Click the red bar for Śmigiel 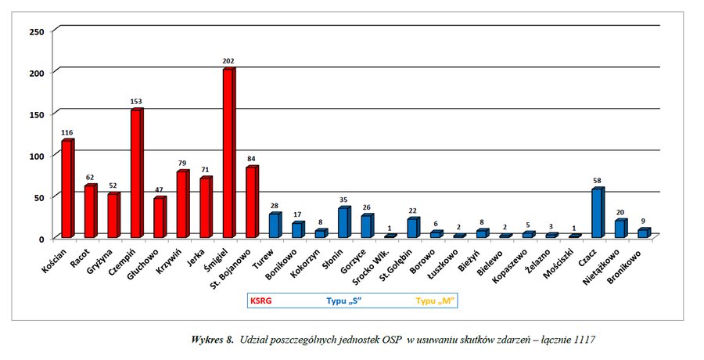click(228, 153)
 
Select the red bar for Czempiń click(136, 174)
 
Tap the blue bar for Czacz click(597, 213)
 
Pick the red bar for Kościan click(66, 189)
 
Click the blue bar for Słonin click(343, 222)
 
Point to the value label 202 click(228, 62)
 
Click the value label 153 click(136, 103)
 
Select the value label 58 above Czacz click(598, 182)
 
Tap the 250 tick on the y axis click(36, 31)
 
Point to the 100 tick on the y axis click(36, 156)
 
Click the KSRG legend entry click(260, 301)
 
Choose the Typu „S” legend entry click(344, 301)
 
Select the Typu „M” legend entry click(435, 301)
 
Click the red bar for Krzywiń click(182, 204)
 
